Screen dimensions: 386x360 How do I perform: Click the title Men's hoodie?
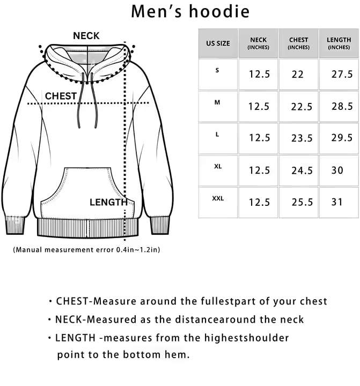pos(190,11)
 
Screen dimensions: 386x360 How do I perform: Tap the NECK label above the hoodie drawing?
pos(86,36)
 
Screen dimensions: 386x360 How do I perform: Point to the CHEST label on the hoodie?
pos(61,96)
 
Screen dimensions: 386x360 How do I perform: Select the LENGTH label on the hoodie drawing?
pos(109,202)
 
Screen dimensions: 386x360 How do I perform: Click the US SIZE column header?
pos(217,43)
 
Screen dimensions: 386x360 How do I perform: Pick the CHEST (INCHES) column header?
pos(299,43)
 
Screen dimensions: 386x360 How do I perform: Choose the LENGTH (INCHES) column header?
pos(339,43)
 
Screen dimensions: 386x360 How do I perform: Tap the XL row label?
pos(217,167)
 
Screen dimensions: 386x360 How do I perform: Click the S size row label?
pos(217,70)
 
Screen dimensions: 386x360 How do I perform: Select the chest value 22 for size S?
pos(298,75)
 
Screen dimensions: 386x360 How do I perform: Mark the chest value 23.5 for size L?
pos(302,138)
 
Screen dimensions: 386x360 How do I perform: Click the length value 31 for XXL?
pos(337,203)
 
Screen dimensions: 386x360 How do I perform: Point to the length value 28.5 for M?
pos(342,106)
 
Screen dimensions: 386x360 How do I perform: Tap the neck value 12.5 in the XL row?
pos(259,170)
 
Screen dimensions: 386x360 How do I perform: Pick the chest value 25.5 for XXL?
pos(302,203)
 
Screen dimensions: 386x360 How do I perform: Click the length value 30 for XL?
pos(337,170)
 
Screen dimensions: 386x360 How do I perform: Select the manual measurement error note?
pos(86,249)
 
